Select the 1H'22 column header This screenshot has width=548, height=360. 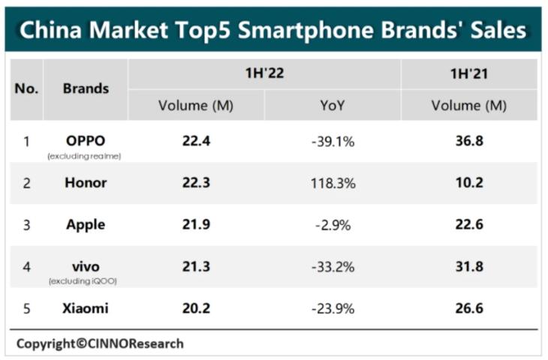[264, 74]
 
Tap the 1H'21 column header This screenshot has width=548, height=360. [468, 74]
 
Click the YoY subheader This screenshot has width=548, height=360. [332, 106]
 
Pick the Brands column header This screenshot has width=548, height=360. [86, 88]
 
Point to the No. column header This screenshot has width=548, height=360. [26, 88]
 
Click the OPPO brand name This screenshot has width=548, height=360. [86, 140]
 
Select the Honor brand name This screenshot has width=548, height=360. [86, 182]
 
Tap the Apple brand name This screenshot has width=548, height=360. [86, 224]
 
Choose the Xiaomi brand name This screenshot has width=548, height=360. [86, 308]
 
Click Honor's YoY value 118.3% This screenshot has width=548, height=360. [333, 182]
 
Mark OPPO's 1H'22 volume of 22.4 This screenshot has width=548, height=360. [195, 140]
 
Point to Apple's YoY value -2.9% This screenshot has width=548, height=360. [333, 224]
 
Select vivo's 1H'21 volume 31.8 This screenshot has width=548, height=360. [468, 266]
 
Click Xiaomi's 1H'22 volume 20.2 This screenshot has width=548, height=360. [195, 308]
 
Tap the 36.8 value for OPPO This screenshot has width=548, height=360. [468, 140]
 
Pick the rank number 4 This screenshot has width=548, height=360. [26, 266]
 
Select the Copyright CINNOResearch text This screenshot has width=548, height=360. [100, 343]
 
